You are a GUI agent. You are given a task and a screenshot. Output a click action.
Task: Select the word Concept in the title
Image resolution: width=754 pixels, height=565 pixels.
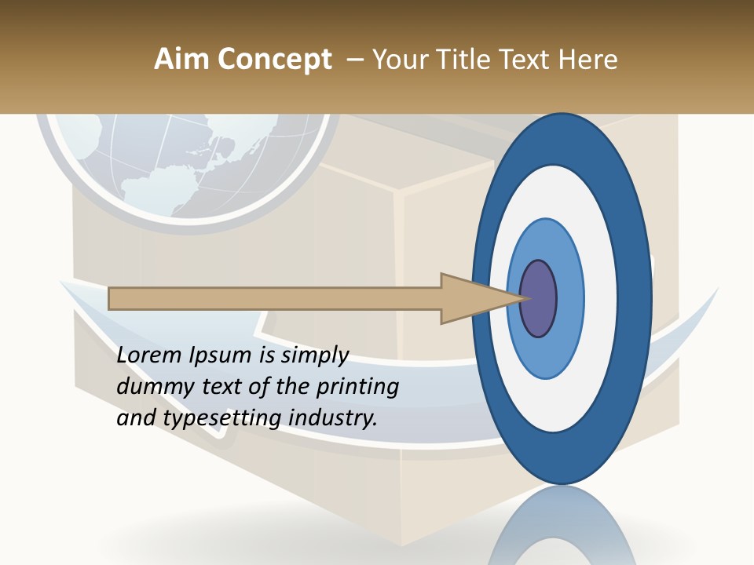(x=274, y=60)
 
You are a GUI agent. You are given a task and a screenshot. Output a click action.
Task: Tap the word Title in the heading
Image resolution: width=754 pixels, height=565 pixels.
(x=467, y=60)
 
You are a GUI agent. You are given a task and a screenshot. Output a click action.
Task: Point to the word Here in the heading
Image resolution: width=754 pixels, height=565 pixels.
(x=587, y=60)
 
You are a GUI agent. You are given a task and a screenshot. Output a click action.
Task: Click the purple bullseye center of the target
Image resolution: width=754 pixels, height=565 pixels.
(x=539, y=299)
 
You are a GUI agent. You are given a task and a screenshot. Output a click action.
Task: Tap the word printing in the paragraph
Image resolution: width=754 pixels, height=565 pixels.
(x=357, y=388)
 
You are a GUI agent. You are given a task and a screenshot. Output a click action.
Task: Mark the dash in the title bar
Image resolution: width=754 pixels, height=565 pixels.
(x=355, y=60)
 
